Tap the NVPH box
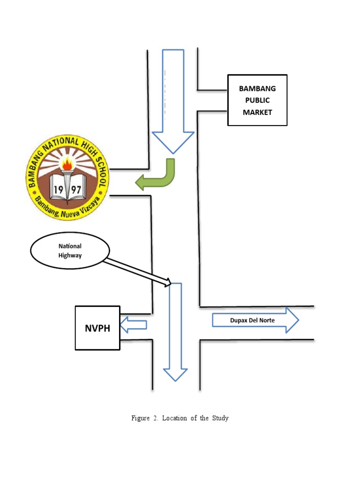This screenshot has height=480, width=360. pos(97,328)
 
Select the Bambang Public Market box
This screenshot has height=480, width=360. pos(257,100)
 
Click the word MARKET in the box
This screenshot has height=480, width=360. pos(257,112)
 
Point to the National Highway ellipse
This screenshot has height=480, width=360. pos(70,251)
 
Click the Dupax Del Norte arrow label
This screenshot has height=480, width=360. pos(252,321)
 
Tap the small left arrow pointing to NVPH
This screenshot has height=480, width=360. pos(134,324)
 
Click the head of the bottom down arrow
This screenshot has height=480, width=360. pos(175,374)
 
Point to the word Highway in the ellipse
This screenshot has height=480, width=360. pos(70,256)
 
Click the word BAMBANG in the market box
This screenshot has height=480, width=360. pos(257,89)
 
